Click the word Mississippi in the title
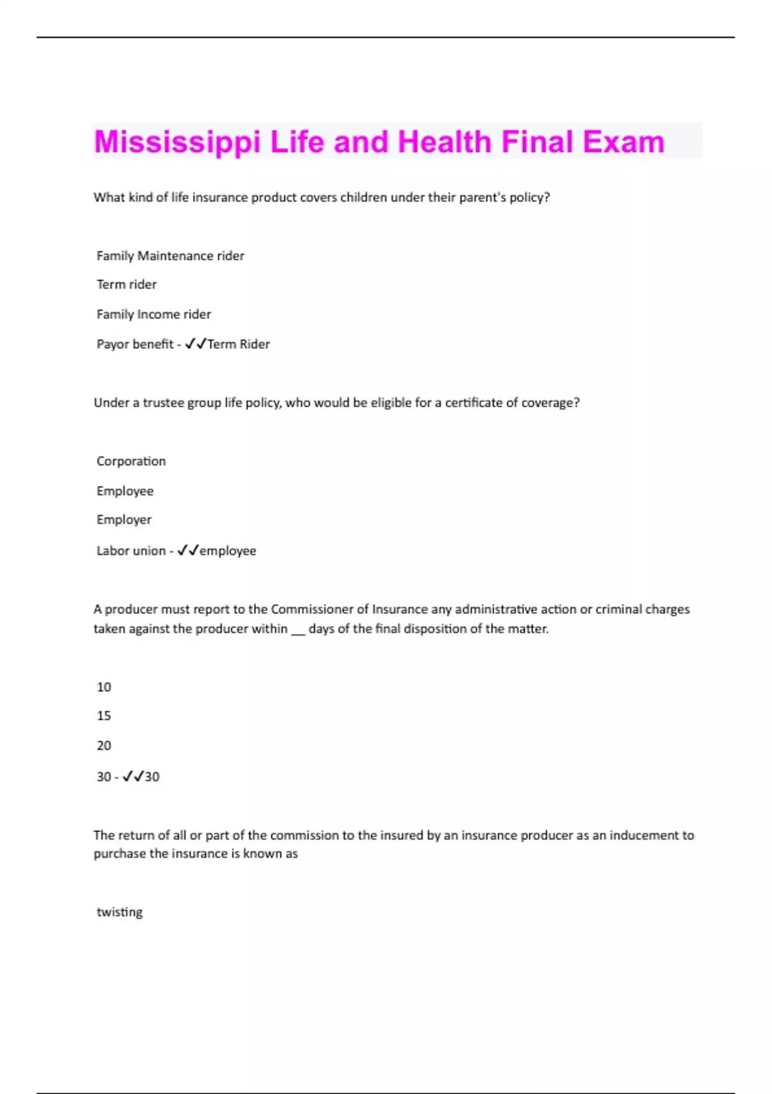(178, 142)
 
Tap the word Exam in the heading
(623, 142)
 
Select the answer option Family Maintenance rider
(170, 256)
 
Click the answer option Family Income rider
(154, 315)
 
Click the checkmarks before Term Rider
(196, 344)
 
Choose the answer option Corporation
(131, 461)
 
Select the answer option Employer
(124, 520)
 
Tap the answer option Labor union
(131, 551)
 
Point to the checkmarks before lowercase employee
(188, 551)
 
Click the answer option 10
(104, 687)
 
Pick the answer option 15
(104, 716)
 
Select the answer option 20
(104, 746)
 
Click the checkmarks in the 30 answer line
(133, 777)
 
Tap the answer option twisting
(120, 913)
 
